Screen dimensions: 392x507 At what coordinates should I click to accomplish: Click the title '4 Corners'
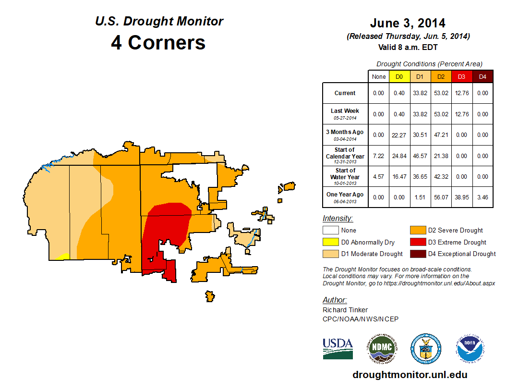pyautogui.click(x=158, y=42)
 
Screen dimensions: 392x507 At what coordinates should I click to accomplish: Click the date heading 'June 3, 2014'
pyautogui.click(x=408, y=23)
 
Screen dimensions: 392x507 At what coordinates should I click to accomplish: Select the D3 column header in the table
pyautogui.click(x=461, y=76)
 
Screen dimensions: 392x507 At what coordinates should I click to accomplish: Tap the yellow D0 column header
pyautogui.click(x=399, y=76)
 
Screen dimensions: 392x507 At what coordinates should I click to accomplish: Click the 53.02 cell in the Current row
pyautogui.click(x=440, y=93)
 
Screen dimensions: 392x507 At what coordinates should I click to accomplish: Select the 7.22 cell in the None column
pyautogui.click(x=378, y=156)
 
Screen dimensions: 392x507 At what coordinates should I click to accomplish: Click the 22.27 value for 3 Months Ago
pyautogui.click(x=399, y=135)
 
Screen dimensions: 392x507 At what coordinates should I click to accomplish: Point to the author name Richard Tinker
pyautogui.click(x=345, y=310)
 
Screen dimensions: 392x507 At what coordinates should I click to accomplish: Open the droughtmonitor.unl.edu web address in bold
pyautogui.click(x=410, y=375)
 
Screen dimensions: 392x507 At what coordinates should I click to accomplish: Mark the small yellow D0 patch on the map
pyautogui.click(x=63, y=257)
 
